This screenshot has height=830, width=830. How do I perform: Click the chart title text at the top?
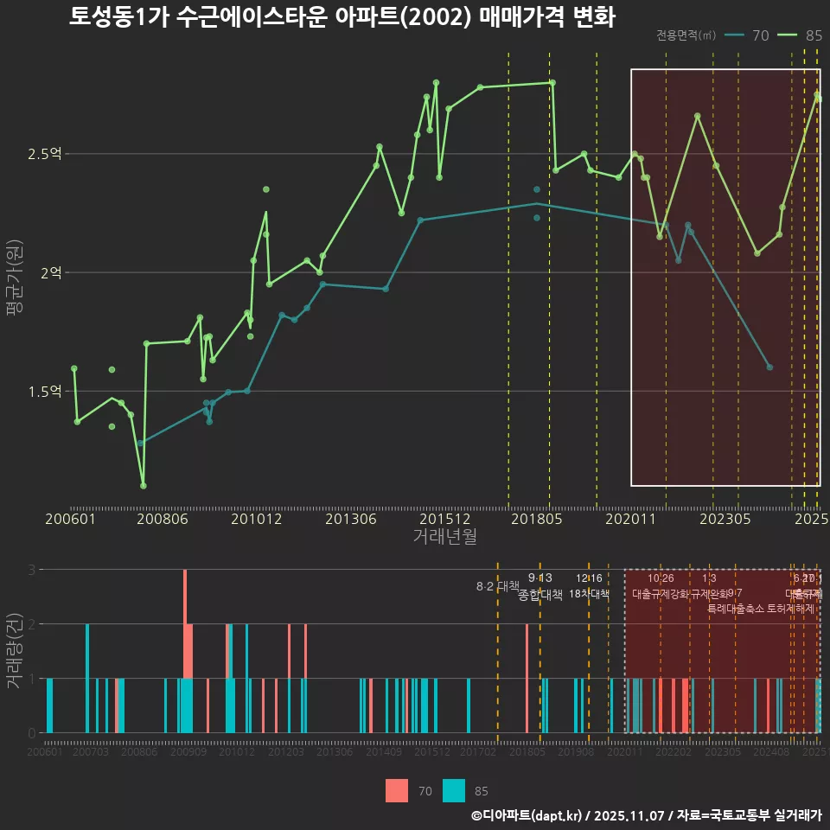coord(342,17)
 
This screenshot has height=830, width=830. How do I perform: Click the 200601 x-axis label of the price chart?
coord(70,520)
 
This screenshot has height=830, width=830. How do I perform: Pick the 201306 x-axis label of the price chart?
coord(351,520)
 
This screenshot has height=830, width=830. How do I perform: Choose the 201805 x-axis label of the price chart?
coord(536,520)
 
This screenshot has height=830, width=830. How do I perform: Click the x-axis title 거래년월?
coord(444,536)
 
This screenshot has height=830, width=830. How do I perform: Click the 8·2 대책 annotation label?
coord(497,586)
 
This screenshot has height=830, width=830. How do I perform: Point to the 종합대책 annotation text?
coord(540,595)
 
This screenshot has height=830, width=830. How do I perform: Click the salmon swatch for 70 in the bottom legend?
coord(397,790)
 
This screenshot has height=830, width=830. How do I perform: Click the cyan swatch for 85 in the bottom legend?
coord(454,790)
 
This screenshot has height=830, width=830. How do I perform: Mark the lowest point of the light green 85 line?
coord(144,485)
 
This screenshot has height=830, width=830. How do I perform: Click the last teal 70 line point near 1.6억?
coord(769,367)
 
